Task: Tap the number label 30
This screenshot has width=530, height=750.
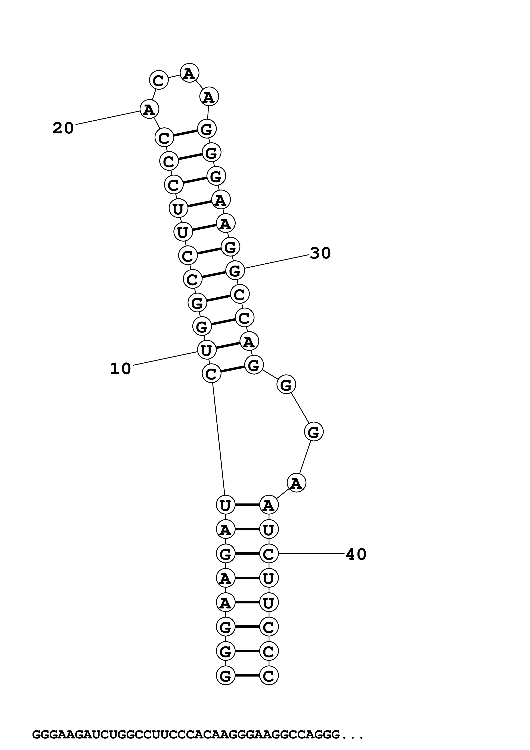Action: point(320,253)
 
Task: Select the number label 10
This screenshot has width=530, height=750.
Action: point(121,369)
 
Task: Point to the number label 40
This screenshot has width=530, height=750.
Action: point(356,554)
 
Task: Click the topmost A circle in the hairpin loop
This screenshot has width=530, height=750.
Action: point(189,73)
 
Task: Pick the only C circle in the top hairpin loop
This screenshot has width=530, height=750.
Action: point(159,80)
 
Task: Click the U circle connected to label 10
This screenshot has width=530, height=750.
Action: point(206,350)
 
